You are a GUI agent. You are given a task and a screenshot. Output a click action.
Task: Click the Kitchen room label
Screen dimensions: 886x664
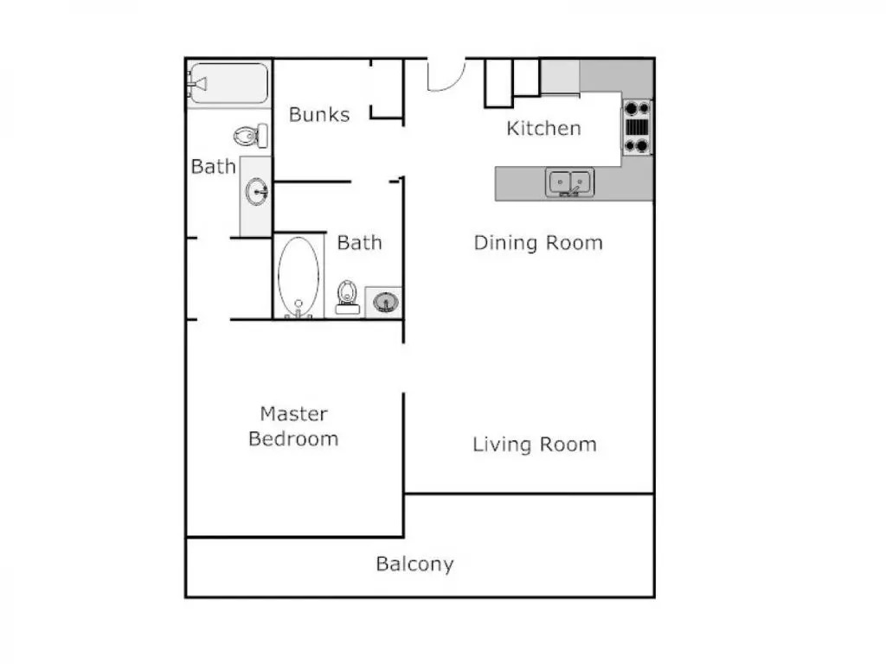543,128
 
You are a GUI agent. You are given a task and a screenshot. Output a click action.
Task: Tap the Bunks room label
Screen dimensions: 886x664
319,115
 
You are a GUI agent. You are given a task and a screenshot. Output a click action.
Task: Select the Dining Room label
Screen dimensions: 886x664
538,243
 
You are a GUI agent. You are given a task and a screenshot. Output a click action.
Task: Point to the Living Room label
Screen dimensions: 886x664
535,444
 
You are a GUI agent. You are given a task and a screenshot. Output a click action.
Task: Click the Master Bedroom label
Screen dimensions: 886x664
294,426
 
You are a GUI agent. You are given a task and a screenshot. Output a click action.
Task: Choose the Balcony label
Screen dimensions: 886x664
414,564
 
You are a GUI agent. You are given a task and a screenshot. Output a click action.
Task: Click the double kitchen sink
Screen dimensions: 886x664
569,183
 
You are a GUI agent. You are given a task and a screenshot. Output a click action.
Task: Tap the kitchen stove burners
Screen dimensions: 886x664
637,127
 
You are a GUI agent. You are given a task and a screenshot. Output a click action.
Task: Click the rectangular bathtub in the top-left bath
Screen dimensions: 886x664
229,84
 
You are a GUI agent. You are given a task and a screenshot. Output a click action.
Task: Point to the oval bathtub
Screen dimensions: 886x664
299,278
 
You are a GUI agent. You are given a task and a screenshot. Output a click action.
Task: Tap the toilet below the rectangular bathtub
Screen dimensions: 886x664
251,136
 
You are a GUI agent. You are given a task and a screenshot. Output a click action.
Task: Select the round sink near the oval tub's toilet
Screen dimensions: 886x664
385,303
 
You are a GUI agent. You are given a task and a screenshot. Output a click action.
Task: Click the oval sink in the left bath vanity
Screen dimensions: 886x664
256,191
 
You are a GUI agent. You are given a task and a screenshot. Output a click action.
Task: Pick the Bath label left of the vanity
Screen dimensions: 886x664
213,167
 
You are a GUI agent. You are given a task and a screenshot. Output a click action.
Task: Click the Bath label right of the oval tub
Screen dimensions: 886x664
359,243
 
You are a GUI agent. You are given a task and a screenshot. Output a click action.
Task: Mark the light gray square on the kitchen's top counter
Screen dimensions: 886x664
560,76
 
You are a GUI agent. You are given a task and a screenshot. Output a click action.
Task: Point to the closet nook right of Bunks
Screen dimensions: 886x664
387,89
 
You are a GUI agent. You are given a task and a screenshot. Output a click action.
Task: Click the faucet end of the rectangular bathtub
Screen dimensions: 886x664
198,84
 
